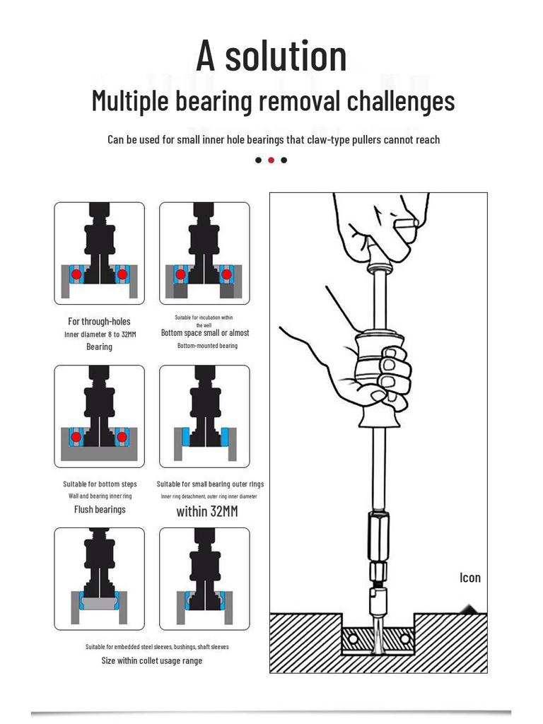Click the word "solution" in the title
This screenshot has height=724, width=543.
286,57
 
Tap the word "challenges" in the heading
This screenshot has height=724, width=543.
400,101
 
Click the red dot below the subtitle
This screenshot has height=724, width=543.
271,160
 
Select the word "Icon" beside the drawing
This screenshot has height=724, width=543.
470,578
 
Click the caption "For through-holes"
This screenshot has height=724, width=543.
99,321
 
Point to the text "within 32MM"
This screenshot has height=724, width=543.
207,510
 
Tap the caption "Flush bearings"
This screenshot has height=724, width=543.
100,509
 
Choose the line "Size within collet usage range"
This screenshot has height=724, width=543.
151,660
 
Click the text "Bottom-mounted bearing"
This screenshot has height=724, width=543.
207,346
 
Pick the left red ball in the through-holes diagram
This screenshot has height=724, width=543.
76,274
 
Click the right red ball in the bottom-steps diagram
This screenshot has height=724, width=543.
122,437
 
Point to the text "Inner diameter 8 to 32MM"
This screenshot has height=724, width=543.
100,334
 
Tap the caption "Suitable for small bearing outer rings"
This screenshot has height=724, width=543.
210,484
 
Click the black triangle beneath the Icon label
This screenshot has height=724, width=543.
469,608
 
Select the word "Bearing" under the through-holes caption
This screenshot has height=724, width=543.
99,346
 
